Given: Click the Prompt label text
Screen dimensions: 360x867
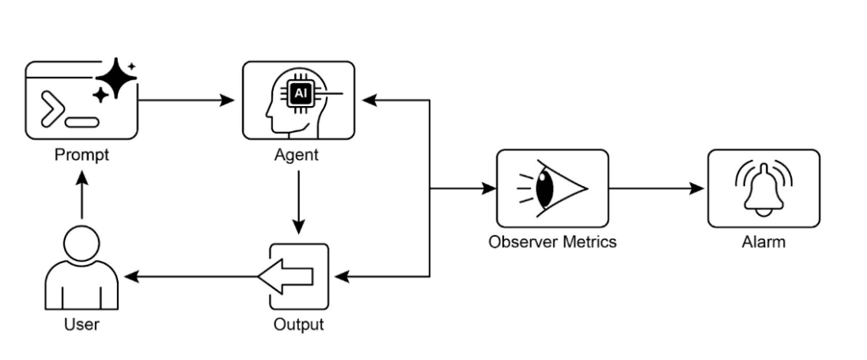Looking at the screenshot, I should click(x=81, y=155).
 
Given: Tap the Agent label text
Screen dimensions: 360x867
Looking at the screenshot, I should click(x=298, y=155).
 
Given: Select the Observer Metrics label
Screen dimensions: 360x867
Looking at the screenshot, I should click(x=552, y=242).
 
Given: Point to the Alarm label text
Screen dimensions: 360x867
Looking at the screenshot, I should click(x=763, y=242).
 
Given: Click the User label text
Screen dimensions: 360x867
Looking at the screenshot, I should click(x=81, y=324).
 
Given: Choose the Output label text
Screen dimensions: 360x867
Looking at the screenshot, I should click(x=298, y=324).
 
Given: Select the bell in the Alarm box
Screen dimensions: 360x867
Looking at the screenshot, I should click(x=763, y=191).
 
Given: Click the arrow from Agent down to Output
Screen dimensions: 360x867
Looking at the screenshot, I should click(x=298, y=201).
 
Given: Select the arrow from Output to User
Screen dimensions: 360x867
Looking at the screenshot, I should click(x=190, y=277).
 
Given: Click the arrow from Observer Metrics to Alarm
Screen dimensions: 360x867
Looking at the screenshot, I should click(x=657, y=188).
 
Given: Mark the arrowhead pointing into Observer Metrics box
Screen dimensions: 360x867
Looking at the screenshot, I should click(x=489, y=188).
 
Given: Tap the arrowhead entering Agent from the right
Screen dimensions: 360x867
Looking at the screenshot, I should click(x=369, y=100).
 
